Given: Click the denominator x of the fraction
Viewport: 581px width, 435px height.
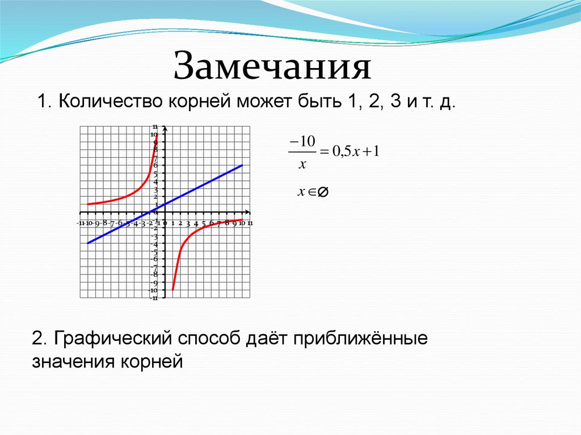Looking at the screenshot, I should point(302,164).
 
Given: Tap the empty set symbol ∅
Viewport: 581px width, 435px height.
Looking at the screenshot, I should point(322,193).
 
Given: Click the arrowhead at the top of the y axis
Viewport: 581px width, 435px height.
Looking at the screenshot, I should point(165,126).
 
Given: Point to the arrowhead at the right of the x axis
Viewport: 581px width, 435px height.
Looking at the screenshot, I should point(248,212).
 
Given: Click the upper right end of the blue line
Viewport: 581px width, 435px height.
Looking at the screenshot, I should point(242,165).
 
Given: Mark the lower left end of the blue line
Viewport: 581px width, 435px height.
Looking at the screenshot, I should point(88,243).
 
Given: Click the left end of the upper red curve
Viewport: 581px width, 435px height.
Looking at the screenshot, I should point(88,204).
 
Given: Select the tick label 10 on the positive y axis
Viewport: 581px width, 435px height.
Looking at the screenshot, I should point(154,134).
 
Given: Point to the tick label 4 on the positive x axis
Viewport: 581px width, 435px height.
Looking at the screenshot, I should point(195,223).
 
